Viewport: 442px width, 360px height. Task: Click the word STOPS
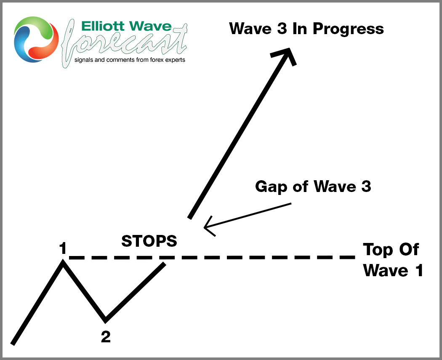pyautogui.click(x=149, y=241)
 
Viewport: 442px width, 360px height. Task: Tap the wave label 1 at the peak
pyautogui.click(x=63, y=248)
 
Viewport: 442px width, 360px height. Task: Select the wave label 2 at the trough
pyautogui.click(x=106, y=336)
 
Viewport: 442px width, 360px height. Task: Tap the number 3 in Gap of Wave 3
pyautogui.click(x=366, y=186)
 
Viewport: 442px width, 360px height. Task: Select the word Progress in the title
pyautogui.click(x=348, y=29)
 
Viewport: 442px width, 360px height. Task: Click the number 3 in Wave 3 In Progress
pyautogui.click(x=282, y=28)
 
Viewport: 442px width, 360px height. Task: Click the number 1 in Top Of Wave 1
pyautogui.click(x=419, y=270)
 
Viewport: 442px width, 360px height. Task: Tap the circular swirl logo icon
pyautogui.click(x=36, y=39)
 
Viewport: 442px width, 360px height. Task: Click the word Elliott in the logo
pyautogui.click(x=103, y=26)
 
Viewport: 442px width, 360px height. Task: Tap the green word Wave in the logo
pyautogui.click(x=150, y=26)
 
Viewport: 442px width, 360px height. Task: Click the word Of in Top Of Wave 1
pyautogui.click(x=409, y=250)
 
